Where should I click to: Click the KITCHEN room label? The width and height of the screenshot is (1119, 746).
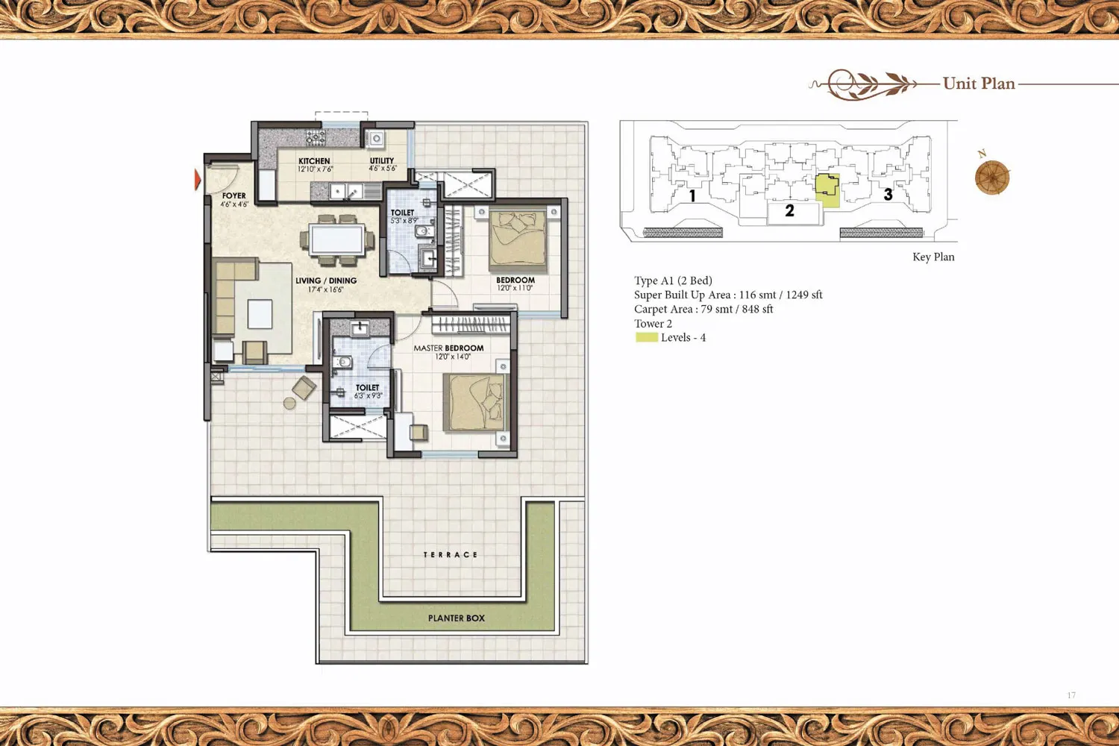click(x=314, y=161)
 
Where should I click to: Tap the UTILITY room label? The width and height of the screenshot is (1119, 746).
click(x=382, y=160)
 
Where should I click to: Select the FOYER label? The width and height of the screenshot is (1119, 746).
click(x=233, y=195)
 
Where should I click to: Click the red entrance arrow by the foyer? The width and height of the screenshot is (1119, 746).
click(x=198, y=179)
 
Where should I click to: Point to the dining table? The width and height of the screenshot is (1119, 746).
click(x=336, y=239)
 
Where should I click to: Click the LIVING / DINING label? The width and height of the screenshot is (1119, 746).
click(x=326, y=280)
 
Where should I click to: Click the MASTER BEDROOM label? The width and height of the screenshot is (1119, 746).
click(x=448, y=348)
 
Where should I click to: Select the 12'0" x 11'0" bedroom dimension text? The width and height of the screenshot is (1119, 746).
click(x=515, y=288)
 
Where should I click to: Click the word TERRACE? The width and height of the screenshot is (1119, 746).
click(x=451, y=554)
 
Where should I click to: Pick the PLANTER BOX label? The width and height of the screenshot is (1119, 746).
click(x=456, y=618)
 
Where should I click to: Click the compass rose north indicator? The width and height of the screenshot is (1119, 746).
click(x=992, y=176)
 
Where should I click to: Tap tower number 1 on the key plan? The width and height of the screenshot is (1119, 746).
click(x=692, y=196)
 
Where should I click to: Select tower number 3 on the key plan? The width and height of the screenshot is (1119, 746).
click(x=888, y=195)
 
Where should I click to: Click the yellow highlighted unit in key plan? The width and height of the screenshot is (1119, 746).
click(x=827, y=190)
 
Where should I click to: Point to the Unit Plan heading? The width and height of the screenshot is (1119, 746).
click(x=979, y=84)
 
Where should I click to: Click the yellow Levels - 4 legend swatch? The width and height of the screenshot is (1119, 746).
click(x=647, y=337)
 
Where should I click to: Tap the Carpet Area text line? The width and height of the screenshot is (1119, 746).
click(x=703, y=310)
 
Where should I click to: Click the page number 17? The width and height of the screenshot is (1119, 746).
click(x=1071, y=695)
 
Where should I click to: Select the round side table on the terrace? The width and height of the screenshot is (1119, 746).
click(x=289, y=404)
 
